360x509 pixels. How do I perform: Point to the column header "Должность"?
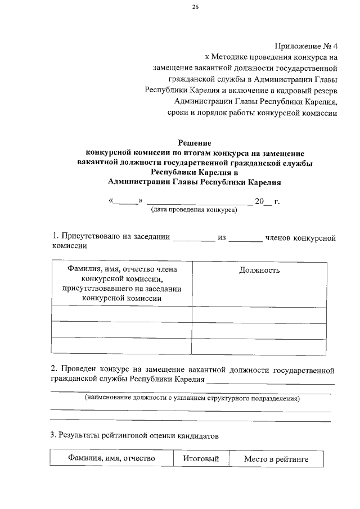pyautogui.click(x=259, y=270)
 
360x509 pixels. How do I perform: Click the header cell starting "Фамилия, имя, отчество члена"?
pyautogui.click(x=121, y=284)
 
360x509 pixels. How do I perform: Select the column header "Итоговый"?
pyautogui.click(x=200, y=459)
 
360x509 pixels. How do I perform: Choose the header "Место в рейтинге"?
pyautogui.click(x=276, y=460)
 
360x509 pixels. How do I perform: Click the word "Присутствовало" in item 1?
pyautogui.click(x=92, y=237)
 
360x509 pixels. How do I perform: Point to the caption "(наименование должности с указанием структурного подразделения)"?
pyautogui.click(x=192, y=399)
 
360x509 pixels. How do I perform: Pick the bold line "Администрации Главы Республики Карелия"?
pyautogui.click(x=194, y=182)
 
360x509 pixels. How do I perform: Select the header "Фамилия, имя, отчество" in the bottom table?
pyautogui.click(x=111, y=459)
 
